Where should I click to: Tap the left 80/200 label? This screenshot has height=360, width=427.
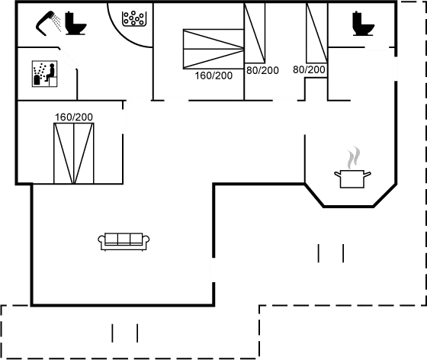tap(263, 70)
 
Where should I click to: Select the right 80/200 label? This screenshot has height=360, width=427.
tap(309, 70)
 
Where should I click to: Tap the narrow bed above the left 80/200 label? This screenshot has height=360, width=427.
tap(255, 35)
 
